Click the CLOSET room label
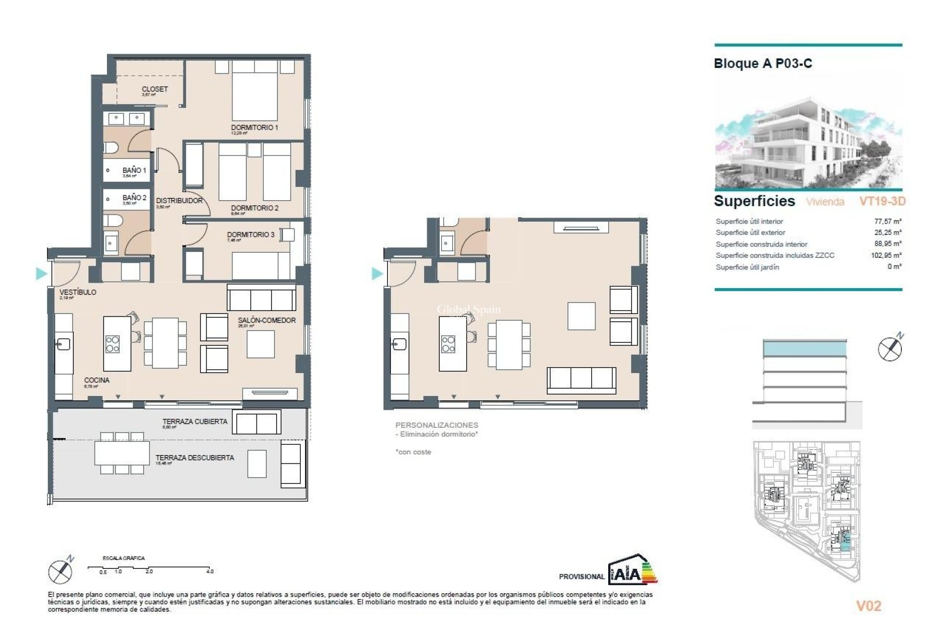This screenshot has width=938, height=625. tap(154, 89)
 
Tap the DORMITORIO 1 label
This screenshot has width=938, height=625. tap(255, 127)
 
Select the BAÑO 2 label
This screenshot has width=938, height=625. tap(134, 198)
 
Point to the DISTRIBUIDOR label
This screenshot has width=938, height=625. tap(179, 201)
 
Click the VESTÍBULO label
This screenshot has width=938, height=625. tap(78, 292)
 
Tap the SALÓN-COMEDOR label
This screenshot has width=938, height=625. tap(267, 320)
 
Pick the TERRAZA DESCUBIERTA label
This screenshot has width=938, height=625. tap(194, 458)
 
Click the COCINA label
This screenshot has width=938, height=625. tap(97, 380)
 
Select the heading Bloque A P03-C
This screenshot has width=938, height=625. tap(763, 63)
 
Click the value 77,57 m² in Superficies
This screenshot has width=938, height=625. tap(888, 221)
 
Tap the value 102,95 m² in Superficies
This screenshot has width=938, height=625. tap(886, 255)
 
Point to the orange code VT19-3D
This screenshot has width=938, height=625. tap(882, 201)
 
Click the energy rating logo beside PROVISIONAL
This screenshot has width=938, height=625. tap(633, 570)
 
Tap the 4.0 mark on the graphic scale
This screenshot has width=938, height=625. tap(210, 571)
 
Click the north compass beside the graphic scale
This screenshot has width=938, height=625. tap(61, 570)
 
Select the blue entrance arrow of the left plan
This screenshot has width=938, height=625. tap(41, 273)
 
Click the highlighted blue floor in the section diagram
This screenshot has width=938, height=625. tap(805, 349)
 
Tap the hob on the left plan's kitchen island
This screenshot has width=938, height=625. tap(113, 344)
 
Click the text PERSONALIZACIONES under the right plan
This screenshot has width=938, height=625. tap(437, 425)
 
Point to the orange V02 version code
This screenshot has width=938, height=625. tap(869, 606)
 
